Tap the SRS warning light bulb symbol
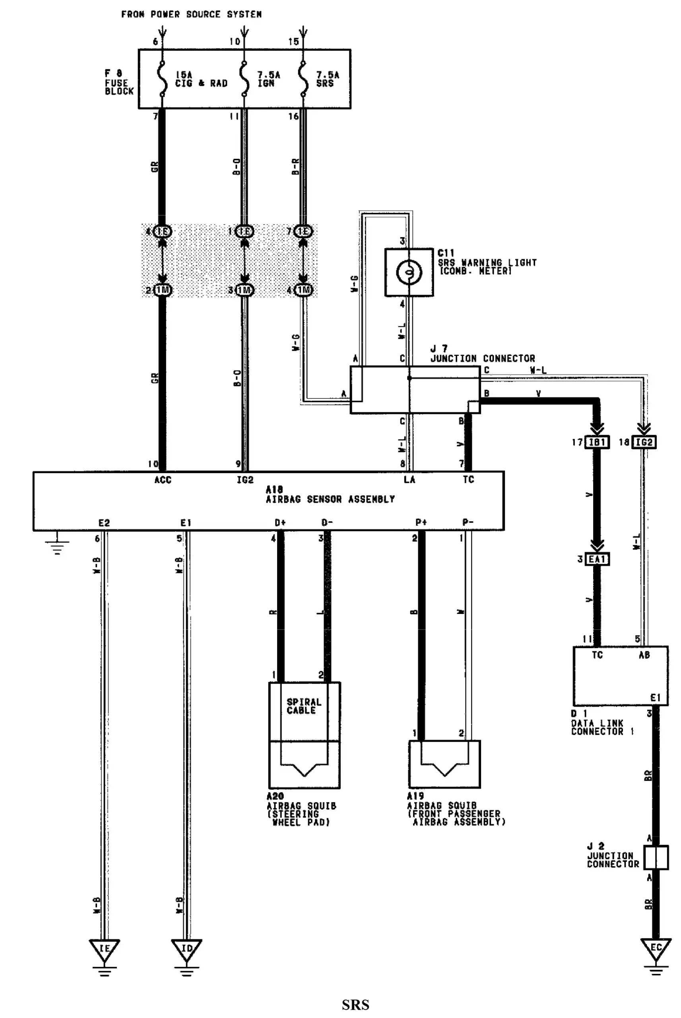[x=409, y=272]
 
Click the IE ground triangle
[x=104, y=948]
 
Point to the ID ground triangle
[x=186, y=948]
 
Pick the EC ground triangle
[x=656, y=948]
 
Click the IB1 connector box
[x=597, y=442]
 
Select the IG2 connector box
[x=644, y=442]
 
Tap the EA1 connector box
[x=597, y=560]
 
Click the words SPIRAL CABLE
[x=304, y=706]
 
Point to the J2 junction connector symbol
[x=656, y=858]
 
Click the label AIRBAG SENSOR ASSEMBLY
[x=330, y=499]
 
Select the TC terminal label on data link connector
[x=597, y=655]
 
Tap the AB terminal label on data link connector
[x=644, y=655]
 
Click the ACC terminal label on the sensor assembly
[x=163, y=480]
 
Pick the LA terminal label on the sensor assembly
[x=409, y=480]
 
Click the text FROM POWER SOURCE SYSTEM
[x=191, y=14]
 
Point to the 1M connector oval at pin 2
[x=163, y=290]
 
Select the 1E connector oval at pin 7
[x=303, y=231]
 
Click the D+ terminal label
[x=280, y=523]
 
